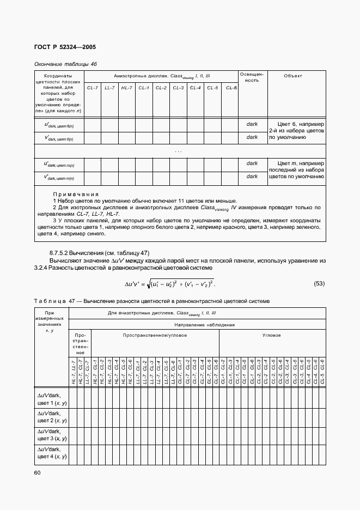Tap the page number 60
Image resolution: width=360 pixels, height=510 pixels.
[x=38, y=472]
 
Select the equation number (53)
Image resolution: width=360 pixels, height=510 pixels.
[x=320, y=283]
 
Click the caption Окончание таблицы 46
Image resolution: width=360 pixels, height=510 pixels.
[x=65, y=64]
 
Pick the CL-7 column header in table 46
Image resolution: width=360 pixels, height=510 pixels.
[x=92, y=88]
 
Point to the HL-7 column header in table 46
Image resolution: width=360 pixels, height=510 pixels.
[x=127, y=88]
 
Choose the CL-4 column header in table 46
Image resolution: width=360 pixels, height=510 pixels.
[x=196, y=88]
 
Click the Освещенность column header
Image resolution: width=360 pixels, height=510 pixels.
[x=252, y=77]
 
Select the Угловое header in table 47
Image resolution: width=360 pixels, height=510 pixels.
[x=271, y=336]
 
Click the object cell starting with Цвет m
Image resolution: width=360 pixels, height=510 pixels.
[x=297, y=169]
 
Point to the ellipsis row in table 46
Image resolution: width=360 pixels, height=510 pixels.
[x=179, y=151]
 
